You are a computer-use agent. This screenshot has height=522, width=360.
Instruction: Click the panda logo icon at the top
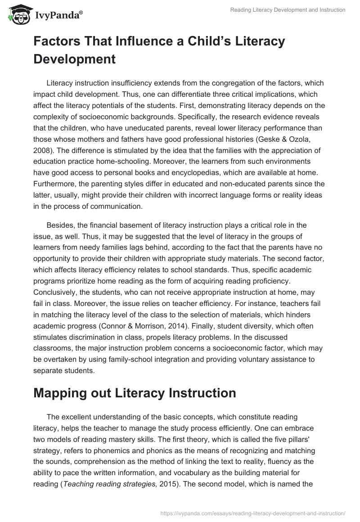coord(18,14)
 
